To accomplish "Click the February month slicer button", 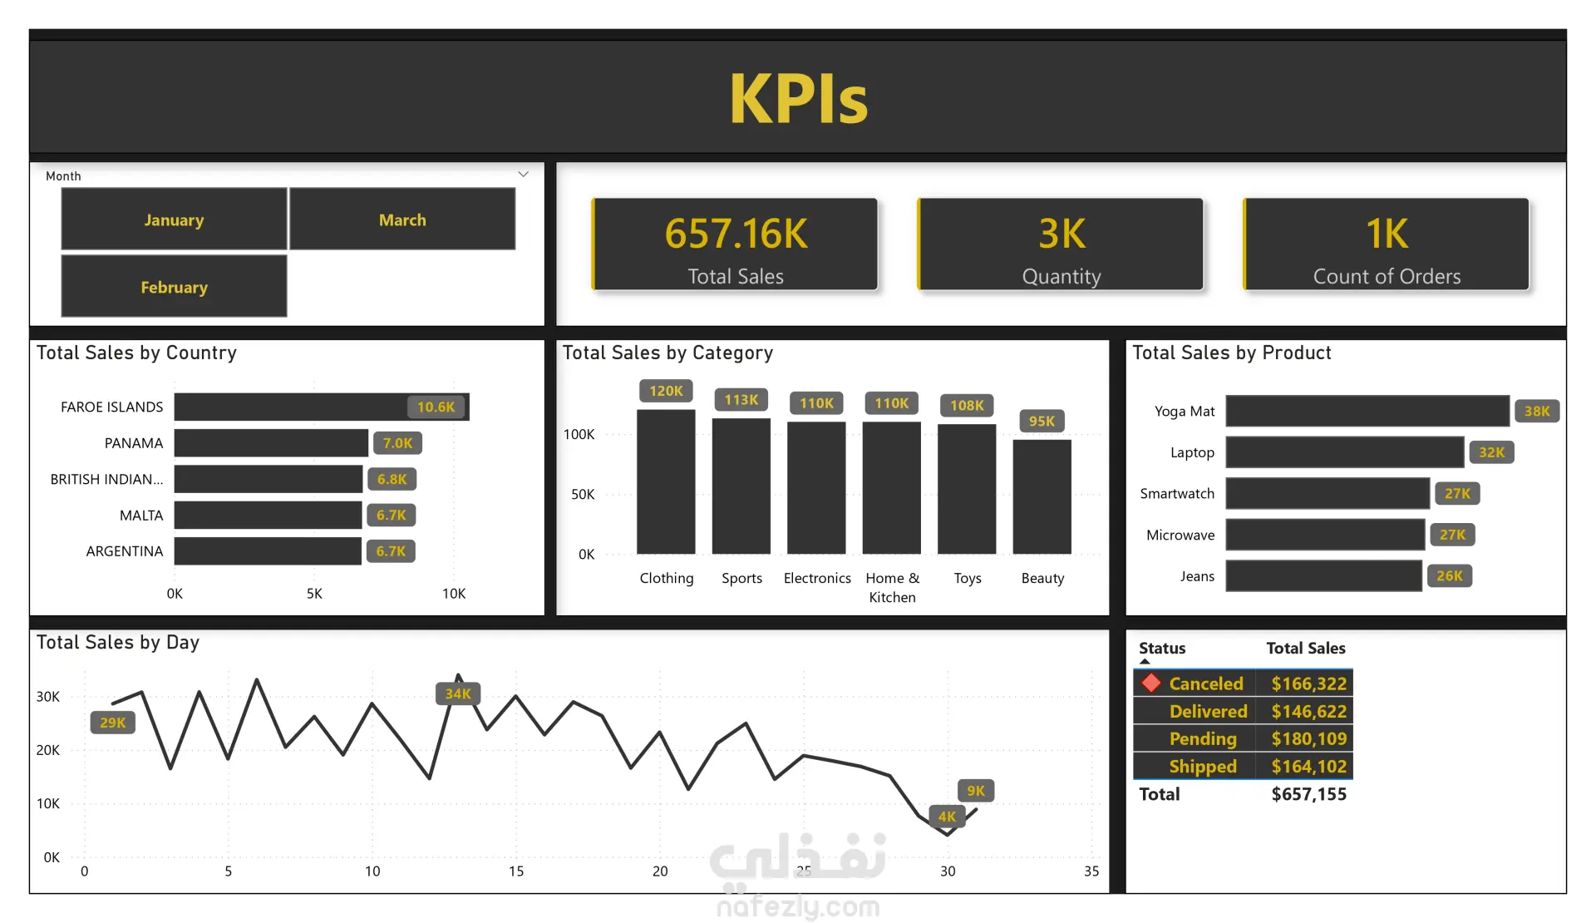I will [x=174, y=287].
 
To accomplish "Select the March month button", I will [x=402, y=220].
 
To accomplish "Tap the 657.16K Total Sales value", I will [x=736, y=234].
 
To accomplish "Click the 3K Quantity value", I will [x=1062, y=234].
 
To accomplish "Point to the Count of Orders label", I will [x=1387, y=276].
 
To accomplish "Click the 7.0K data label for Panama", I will [x=397, y=443].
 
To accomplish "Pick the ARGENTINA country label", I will [x=125, y=551].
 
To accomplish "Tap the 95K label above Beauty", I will [x=1042, y=421].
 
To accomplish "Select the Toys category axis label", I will [x=967, y=578].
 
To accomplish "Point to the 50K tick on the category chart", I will [x=583, y=494].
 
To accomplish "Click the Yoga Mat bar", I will [x=1367, y=411].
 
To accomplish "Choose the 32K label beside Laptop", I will [x=1491, y=452].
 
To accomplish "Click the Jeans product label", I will [x=1197, y=576].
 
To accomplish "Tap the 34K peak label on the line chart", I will [x=458, y=693].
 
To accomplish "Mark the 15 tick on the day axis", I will [x=516, y=871].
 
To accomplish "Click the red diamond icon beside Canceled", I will [x=1151, y=683].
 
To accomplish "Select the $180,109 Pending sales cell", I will [x=1308, y=738].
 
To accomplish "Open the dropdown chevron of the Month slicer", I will [x=524, y=175].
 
